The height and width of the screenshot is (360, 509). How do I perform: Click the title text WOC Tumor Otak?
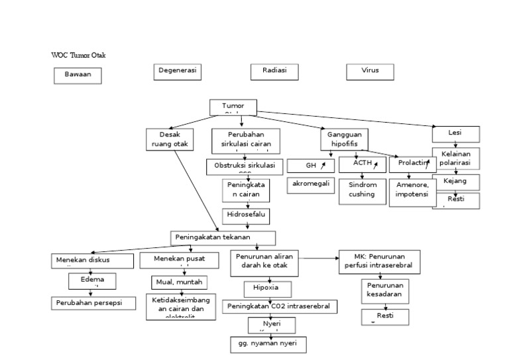pyautogui.click(x=78, y=55)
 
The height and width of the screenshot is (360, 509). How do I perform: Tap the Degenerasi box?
pyautogui.click(x=178, y=71)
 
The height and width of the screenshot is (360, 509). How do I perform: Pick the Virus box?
pyautogui.click(x=370, y=71)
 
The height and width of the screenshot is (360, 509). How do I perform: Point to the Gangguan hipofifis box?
pyautogui.click(x=345, y=140)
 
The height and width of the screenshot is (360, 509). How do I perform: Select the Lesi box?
pyautogui.click(x=455, y=134)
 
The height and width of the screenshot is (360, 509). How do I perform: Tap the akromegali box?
pyautogui.click(x=311, y=184)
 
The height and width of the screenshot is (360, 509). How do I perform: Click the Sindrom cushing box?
pyautogui.click(x=362, y=190)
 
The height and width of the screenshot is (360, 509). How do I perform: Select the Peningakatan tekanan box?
pyautogui.click(x=223, y=237)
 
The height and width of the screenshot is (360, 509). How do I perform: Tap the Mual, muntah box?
pyautogui.click(x=179, y=282)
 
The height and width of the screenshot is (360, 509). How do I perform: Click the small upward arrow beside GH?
pyautogui.click(x=323, y=165)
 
